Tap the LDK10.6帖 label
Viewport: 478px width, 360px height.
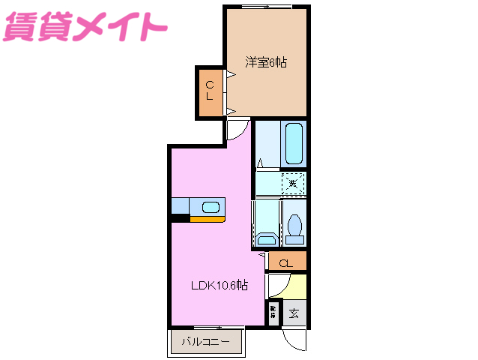[x=219, y=286]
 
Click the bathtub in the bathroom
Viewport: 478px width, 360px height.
[x=293, y=143]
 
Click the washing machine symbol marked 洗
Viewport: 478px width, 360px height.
[x=294, y=183]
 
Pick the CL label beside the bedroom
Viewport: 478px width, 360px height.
[x=211, y=91]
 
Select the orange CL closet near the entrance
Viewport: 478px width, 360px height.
[x=286, y=262]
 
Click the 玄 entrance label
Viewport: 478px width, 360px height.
[x=294, y=313]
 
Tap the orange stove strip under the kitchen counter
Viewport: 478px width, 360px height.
[x=206, y=219]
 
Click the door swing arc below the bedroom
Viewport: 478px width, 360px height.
[x=237, y=129]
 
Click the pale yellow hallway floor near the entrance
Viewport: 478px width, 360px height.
[x=298, y=285]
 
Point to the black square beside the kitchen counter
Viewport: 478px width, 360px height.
[x=179, y=219]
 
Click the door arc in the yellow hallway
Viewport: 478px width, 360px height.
[x=279, y=286]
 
